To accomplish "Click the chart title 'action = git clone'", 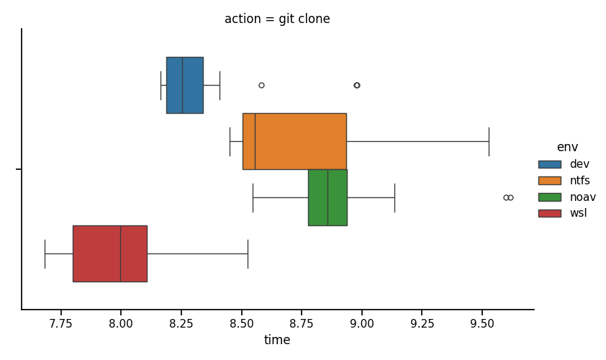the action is pos(277,19).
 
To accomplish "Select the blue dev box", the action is pos(185,86).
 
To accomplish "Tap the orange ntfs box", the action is pos(294,142).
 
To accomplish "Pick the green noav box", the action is pos(327,197).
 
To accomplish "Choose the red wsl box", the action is pos(110,253).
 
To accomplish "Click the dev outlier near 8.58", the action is pos(262,85).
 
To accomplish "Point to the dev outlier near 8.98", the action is pos(357,85).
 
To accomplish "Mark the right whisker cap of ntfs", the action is pos(489,142).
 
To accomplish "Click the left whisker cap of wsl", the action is pos(45,254).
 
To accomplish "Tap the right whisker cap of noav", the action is pos(394,198).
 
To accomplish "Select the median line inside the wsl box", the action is pos(121,253).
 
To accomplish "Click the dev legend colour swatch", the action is pos(550,164).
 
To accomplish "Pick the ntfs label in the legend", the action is pos(579,181).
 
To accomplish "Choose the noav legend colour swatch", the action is pos(550,197).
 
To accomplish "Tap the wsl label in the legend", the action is pos(578,213).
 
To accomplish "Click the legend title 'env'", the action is pos(567,147).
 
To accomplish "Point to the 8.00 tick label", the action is pos(121,324).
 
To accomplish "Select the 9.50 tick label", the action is pos(482,324).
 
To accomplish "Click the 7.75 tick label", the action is pos(60,324).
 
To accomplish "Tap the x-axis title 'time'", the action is pos(277,340).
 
